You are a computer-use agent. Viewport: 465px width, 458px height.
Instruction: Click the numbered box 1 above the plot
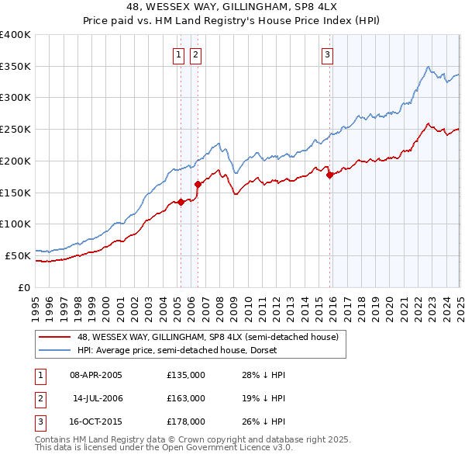pos(179,54)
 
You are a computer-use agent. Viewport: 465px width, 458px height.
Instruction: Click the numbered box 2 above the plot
pos(195,54)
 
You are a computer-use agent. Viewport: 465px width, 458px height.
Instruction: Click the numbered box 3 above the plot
pos(328,54)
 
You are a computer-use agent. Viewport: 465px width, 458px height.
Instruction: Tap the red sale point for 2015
pos(330,175)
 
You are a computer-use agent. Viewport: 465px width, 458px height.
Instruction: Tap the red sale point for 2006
pos(198,184)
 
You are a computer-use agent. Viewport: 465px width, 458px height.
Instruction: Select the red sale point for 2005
pos(181,202)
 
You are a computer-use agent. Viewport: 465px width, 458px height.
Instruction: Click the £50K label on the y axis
pos(18,255)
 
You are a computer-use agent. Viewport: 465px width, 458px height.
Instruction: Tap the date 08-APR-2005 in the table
pos(96,375)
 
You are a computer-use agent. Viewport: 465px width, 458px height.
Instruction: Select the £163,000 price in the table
pos(186,398)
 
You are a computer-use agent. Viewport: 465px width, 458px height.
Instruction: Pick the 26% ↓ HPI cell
pos(267,422)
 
